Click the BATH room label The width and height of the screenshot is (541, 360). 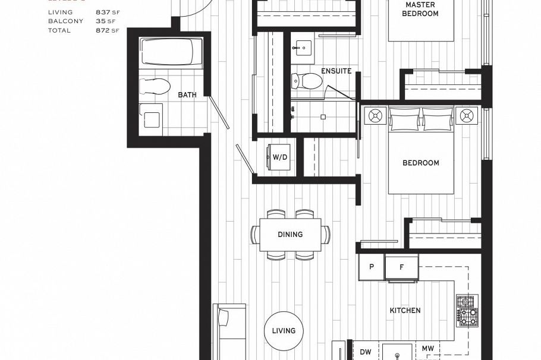[x=187, y=95]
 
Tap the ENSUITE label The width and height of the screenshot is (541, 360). [x=336, y=71]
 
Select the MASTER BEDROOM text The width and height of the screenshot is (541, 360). [x=420, y=9]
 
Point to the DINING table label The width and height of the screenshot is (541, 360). [x=290, y=235]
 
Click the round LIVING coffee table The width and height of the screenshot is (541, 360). [x=284, y=331]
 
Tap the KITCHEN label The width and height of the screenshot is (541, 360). [x=405, y=311]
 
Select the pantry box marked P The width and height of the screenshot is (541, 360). [x=372, y=267]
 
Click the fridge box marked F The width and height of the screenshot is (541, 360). [x=401, y=267]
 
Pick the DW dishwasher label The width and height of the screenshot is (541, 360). [x=366, y=352]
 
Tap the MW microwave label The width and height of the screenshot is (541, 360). [x=427, y=349]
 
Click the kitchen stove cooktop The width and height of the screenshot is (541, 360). [x=467, y=310]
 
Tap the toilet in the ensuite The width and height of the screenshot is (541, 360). [x=306, y=80]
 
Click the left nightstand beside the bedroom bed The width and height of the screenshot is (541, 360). [x=375, y=115]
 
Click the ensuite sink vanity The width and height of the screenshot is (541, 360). [x=303, y=46]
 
